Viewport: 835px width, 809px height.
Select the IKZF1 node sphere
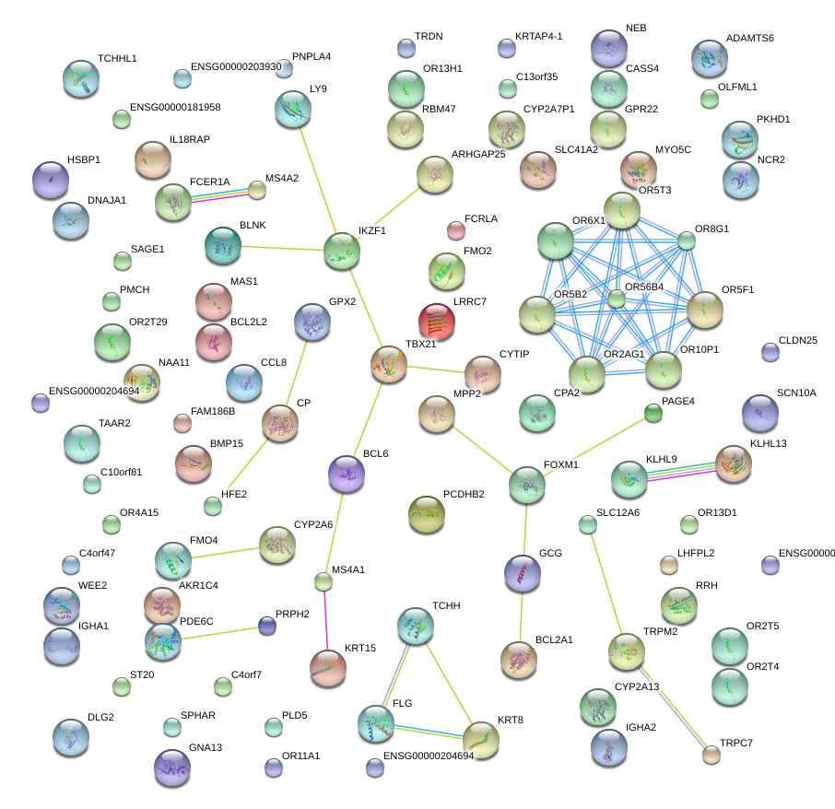click(342, 251)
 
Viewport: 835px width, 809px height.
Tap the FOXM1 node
click(527, 484)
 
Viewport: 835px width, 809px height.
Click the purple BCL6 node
click(347, 473)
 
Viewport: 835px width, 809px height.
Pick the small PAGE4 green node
click(653, 414)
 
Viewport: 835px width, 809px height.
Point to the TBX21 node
click(389, 365)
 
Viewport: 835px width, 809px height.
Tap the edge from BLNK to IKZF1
click(282, 248)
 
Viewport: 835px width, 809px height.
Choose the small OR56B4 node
click(617, 299)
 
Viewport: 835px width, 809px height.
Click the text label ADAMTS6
click(749, 39)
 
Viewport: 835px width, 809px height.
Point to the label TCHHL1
click(116, 58)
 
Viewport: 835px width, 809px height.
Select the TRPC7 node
click(711, 755)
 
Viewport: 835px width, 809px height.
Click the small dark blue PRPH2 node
click(267, 626)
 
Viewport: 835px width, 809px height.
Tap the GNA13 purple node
click(172, 767)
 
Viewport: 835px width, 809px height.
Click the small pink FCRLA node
click(455, 229)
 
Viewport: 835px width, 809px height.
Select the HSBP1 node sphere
click(51, 181)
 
